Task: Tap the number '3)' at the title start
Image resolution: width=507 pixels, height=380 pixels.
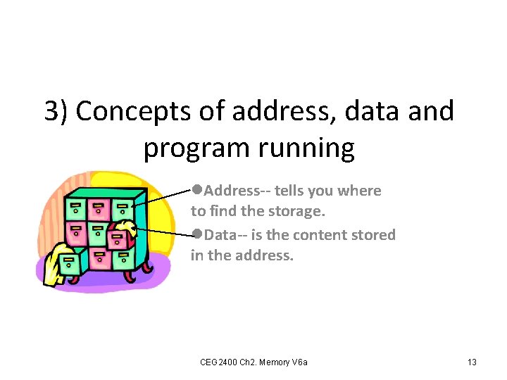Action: point(56,111)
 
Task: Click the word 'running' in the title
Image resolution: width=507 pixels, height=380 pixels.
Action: point(310,148)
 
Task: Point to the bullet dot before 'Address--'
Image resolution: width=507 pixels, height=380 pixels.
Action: point(197,190)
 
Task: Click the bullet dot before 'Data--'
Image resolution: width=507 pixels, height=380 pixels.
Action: point(197,234)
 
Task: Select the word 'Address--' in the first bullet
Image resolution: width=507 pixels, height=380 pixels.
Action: point(237,191)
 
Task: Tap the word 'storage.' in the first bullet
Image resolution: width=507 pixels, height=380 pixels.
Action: point(298,211)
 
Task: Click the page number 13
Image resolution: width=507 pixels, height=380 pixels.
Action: point(472,362)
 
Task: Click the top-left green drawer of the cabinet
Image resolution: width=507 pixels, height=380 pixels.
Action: point(75,209)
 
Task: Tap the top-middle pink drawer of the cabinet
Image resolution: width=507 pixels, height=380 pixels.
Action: point(99,209)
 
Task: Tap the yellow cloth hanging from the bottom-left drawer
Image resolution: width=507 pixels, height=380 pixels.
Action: point(54,264)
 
